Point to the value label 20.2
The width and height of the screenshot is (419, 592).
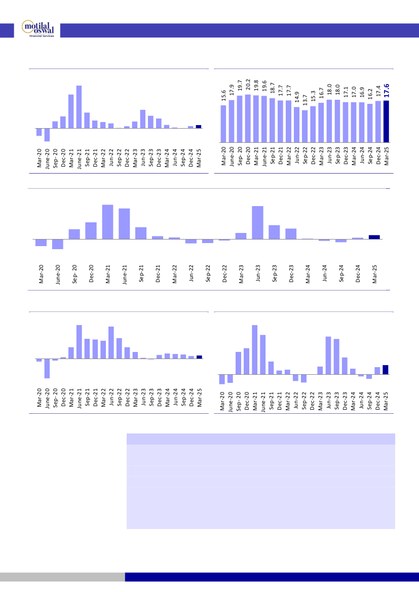(248, 85)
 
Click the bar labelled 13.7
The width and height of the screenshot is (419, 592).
(305, 126)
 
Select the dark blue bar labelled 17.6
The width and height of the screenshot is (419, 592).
(386, 121)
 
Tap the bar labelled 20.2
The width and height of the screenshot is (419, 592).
(248, 118)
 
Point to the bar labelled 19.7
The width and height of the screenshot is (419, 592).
(240, 119)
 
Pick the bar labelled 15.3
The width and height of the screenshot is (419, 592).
(313, 124)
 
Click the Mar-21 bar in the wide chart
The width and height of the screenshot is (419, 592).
(107, 222)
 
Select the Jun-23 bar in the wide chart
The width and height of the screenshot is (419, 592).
(257, 222)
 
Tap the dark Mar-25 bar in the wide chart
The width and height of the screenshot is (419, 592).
(374, 236)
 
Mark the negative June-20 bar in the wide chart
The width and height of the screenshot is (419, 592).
(58, 244)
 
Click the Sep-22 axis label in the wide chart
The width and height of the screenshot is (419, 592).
(208, 273)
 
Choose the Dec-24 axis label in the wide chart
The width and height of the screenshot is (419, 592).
(358, 273)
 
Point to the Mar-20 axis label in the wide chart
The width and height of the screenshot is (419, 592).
(41, 273)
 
